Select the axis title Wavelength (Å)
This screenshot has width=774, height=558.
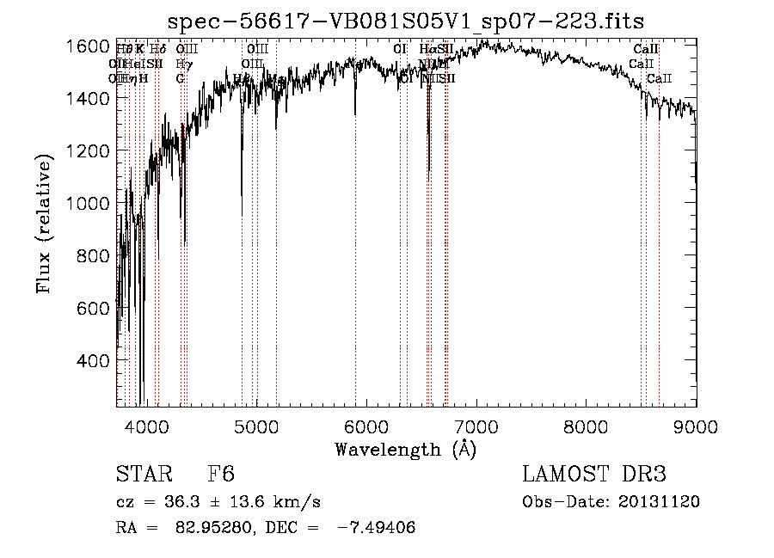point(405,449)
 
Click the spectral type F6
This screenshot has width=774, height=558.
point(221,475)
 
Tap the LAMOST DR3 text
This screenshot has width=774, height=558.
point(593,475)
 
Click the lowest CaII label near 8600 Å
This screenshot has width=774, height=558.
point(660,79)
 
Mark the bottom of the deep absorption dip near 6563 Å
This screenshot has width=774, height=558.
point(428,181)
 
